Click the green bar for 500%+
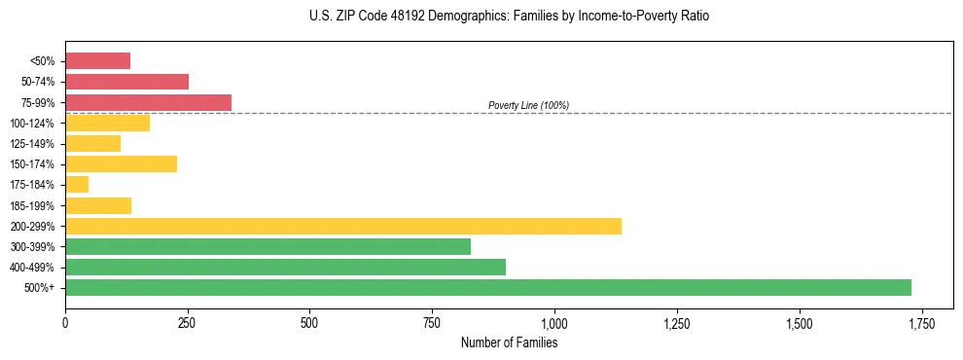click(x=487, y=287)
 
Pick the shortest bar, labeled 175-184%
click(x=77, y=184)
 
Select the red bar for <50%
click(x=97, y=61)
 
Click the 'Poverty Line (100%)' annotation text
click(x=528, y=105)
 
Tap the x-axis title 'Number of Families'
click(x=509, y=342)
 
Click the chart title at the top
click(x=510, y=17)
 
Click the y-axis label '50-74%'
click(x=39, y=82)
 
